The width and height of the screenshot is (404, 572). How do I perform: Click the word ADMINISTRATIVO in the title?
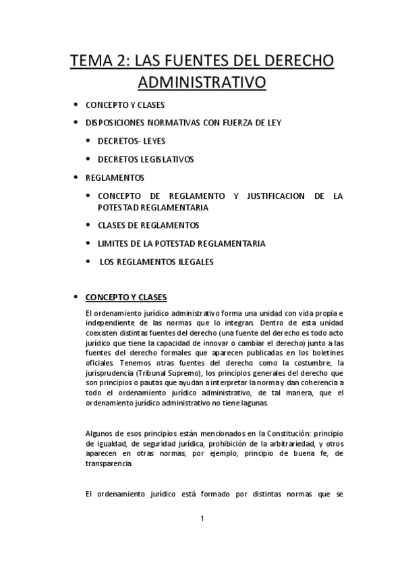(202, 83)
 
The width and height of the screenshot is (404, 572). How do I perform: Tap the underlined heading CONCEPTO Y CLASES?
(125, 297)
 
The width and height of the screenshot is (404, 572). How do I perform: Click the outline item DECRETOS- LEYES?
(132, 141)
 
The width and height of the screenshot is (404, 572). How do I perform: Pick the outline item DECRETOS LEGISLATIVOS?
(146, 159)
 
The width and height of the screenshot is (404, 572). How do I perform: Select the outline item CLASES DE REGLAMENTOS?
(148, 225)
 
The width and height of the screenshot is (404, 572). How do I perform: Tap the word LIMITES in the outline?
(114, 243)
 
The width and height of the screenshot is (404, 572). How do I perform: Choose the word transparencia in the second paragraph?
(109, 465)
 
